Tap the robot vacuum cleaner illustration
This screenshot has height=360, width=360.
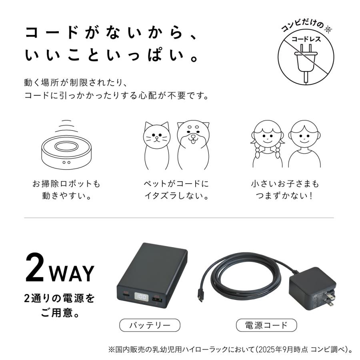[x=66, y=150]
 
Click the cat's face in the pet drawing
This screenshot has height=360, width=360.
[x=157, y=138]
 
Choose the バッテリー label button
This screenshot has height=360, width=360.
[x=150, y=325]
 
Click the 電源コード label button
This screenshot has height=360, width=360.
[x=267, y=325]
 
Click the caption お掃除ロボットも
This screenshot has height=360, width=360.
[x=66, y=184]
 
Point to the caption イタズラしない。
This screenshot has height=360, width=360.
[x=176, y=197]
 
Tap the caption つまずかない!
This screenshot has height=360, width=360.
[x=285, y=197]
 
